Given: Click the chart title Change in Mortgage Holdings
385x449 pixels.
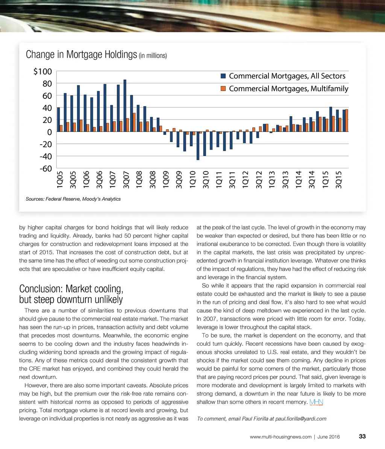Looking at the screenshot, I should tap(81, 55).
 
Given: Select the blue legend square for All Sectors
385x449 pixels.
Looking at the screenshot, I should tap(223, 76).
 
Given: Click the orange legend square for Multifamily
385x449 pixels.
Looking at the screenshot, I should tap(223, 89).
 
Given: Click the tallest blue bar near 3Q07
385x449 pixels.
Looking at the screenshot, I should tap(125, 106).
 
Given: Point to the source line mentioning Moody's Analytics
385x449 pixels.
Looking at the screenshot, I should tap(73, 199).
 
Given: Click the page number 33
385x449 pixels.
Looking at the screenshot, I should tap(362, 437).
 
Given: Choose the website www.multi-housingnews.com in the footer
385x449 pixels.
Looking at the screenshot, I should tap(280, 437).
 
